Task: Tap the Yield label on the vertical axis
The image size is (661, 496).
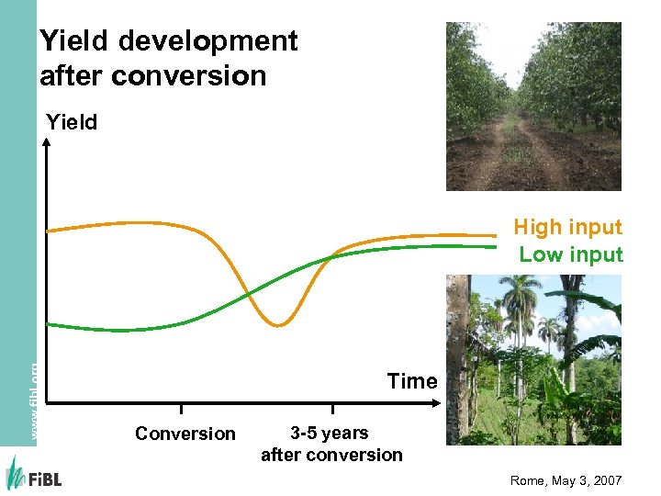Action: [x=73, y=122]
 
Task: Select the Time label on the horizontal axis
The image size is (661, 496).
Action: [x=411, y=381]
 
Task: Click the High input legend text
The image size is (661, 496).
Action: [x=567, y=227]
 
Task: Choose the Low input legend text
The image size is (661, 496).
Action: [x=570, y=254]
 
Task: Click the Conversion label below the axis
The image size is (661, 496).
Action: [x=185, y=434]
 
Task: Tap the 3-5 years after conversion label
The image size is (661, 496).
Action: [x=331, y=444]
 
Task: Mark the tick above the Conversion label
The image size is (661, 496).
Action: [x=181, y=408]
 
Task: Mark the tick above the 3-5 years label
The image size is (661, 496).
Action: [x=332, y=408]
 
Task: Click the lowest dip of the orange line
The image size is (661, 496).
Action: [x=278, y=325]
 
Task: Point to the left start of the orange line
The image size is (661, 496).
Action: [x=50, y=230]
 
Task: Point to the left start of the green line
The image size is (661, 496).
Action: [x=50, y=323]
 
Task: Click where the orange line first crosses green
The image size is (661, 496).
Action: [x=248, y=294]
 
